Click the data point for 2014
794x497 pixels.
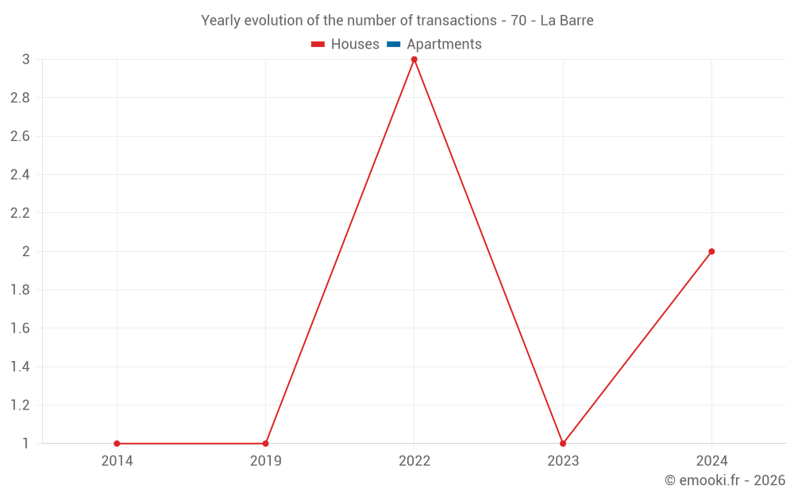point(117,444)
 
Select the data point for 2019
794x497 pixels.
point(265,444)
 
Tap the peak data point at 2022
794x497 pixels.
point(414,60)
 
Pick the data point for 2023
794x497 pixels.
point(563,444)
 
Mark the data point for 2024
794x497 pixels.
point(711,251)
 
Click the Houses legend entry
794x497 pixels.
point(355,45)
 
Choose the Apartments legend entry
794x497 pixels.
point(444,45)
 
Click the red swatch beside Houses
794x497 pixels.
point(318,45)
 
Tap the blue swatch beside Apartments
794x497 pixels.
point(394,45)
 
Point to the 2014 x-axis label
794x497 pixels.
point(117,461)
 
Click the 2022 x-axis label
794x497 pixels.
point(414,461)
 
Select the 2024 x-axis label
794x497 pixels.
point(711,461)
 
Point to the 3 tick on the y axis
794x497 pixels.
point(26,60)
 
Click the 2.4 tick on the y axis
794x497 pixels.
point(20,175)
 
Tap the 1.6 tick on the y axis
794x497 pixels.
point(20,328)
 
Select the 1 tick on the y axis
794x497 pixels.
point(26,444)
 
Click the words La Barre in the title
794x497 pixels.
point(567,21)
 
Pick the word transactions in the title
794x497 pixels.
point(457,21)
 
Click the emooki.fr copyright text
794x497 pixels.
point(725,480)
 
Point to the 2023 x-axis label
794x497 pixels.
point(563,461)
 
